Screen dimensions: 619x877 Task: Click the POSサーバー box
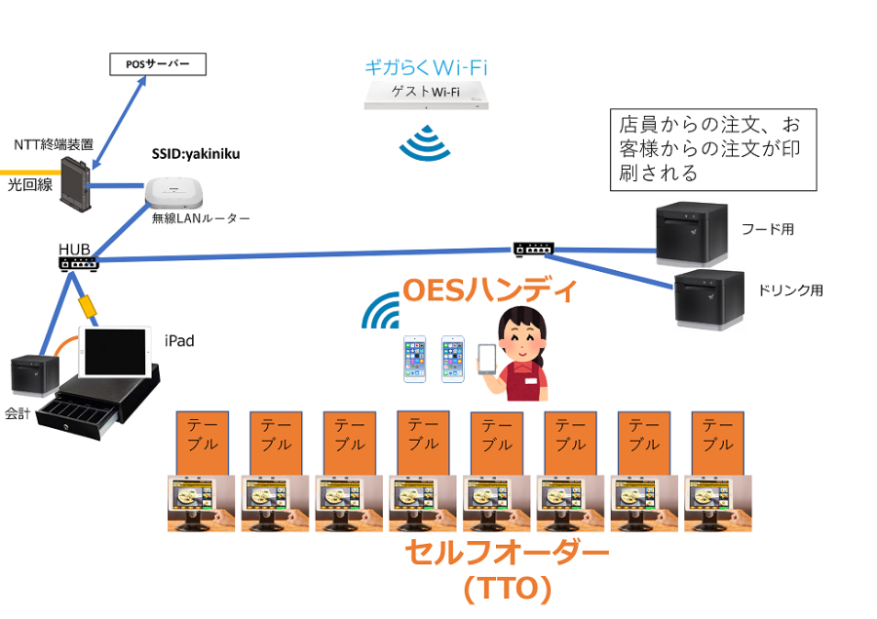click(159, 65)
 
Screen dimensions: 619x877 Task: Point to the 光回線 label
click(28, 182)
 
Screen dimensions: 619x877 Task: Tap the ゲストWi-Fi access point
click(425, 95)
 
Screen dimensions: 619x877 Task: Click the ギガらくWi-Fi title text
click(425, 67)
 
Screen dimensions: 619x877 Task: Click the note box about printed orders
click(712, 149)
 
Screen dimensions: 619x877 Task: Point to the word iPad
click(179, 340)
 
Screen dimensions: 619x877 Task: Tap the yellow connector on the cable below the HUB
click(88, 304)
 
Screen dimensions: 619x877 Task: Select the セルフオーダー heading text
click(507, 554)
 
